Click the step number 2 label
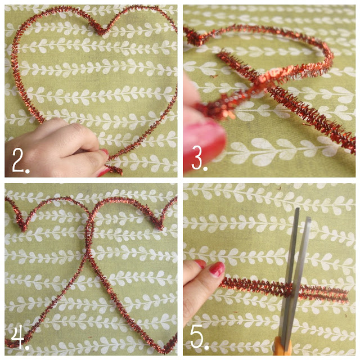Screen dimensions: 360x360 click(x=20, y=160)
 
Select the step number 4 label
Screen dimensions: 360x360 click(x=19, y=337)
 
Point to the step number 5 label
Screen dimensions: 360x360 click(x=199, y=337)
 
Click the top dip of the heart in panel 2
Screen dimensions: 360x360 click(x=101, y=33)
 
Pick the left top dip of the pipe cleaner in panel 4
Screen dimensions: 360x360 click(x=24, y=227)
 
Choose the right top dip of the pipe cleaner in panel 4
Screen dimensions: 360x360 click(x=159, y=226)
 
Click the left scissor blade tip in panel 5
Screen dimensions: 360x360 click(x=298, y=209)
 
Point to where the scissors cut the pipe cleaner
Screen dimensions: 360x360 click(x=290, y=290)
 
